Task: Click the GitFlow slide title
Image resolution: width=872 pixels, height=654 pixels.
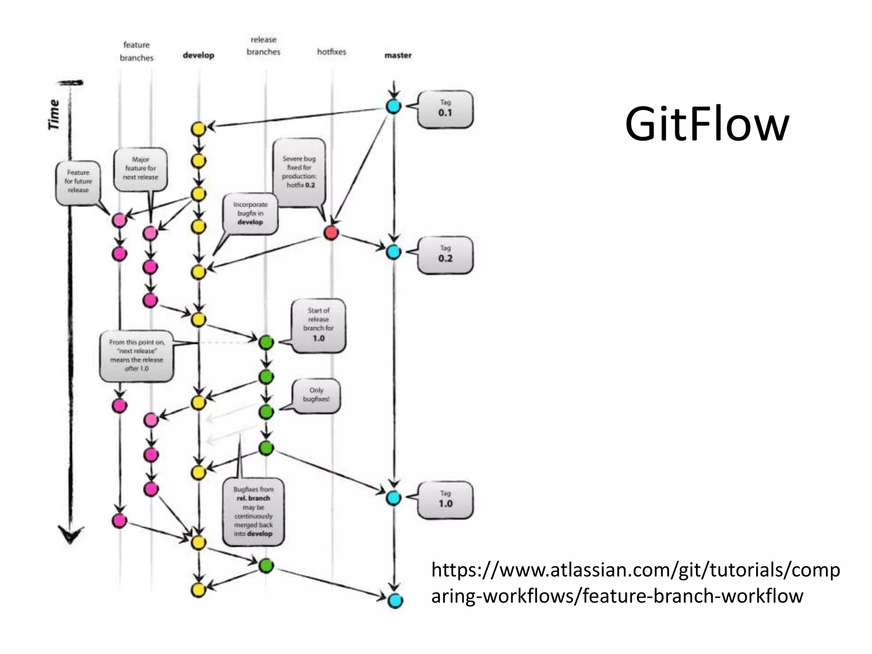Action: [x=707, y=124]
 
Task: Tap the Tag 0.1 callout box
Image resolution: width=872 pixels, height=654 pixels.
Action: [x=445, y=109]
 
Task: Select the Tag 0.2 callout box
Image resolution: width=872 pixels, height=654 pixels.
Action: [x=445, y=255]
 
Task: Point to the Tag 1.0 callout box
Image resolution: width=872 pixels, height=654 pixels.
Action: [x=445, y=500]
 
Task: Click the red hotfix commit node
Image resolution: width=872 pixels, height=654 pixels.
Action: [x=331, y=233]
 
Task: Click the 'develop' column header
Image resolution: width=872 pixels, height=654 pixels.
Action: [x=198, y=55]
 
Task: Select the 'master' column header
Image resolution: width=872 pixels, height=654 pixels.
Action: [x=398, y=55]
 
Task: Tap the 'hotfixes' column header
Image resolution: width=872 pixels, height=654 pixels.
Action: [x=331, y=52]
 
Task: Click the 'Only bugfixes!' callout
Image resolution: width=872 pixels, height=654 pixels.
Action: [x=316, y=395]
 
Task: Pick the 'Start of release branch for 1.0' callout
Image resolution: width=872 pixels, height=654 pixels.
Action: [x=318, y=325]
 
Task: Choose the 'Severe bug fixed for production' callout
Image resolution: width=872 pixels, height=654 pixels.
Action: [x=299, y=172]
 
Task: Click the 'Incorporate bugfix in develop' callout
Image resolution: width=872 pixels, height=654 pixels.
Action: [x=250, y=213]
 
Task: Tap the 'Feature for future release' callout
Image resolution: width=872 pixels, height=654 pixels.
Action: [x=78, y=182]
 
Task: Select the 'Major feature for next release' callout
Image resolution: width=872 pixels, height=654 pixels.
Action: [x=141, y=169]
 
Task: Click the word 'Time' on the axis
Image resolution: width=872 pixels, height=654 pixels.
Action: [x=54, y=114]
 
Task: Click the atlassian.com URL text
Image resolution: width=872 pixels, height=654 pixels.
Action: [x=634, y=582]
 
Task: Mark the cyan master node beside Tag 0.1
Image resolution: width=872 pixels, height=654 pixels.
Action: [x=393, y=106]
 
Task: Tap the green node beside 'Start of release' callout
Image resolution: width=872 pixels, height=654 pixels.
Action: [x=266, y=341]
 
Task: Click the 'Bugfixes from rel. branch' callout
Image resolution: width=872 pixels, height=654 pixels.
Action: [x=253, y=512]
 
